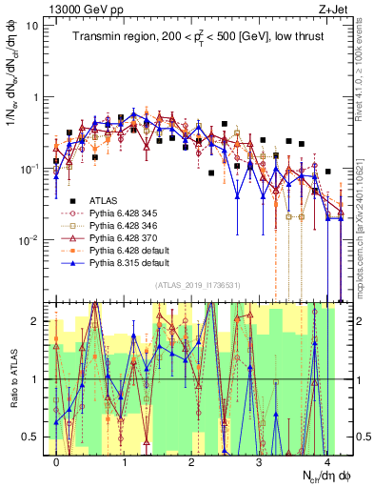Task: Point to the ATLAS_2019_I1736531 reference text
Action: [x=196, y=285]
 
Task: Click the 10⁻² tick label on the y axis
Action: [x=30, y=239]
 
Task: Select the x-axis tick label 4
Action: [x=326, y=459]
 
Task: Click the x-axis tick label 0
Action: [x=57, y=459]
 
